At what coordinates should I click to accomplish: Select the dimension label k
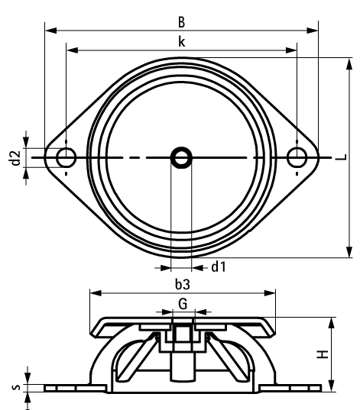point(180,43)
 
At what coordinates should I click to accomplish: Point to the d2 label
point(14,157)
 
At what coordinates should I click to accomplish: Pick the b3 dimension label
point(182,284)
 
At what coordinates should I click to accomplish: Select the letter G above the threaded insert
point(181,303)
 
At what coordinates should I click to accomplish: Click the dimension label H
point(323,354)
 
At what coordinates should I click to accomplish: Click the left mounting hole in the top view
point(66,157)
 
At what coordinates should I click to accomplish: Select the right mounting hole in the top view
point(297,157)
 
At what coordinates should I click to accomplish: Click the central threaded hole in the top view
point(181,157)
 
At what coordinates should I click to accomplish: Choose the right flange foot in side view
point(294,388)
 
